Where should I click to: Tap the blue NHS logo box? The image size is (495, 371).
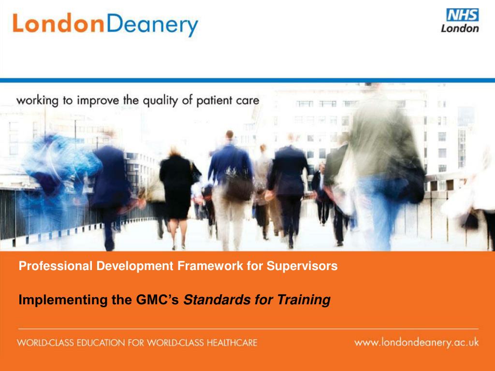coord(462,15)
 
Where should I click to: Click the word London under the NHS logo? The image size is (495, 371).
coord(460,29)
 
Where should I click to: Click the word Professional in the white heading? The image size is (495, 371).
coord(56,266)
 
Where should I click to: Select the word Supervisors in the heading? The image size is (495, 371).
coord(302,266)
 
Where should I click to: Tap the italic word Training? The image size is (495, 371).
coord(304,300)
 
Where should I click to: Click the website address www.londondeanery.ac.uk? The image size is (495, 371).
coord(416,342)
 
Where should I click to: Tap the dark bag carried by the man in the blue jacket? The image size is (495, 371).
coord(239,186)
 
